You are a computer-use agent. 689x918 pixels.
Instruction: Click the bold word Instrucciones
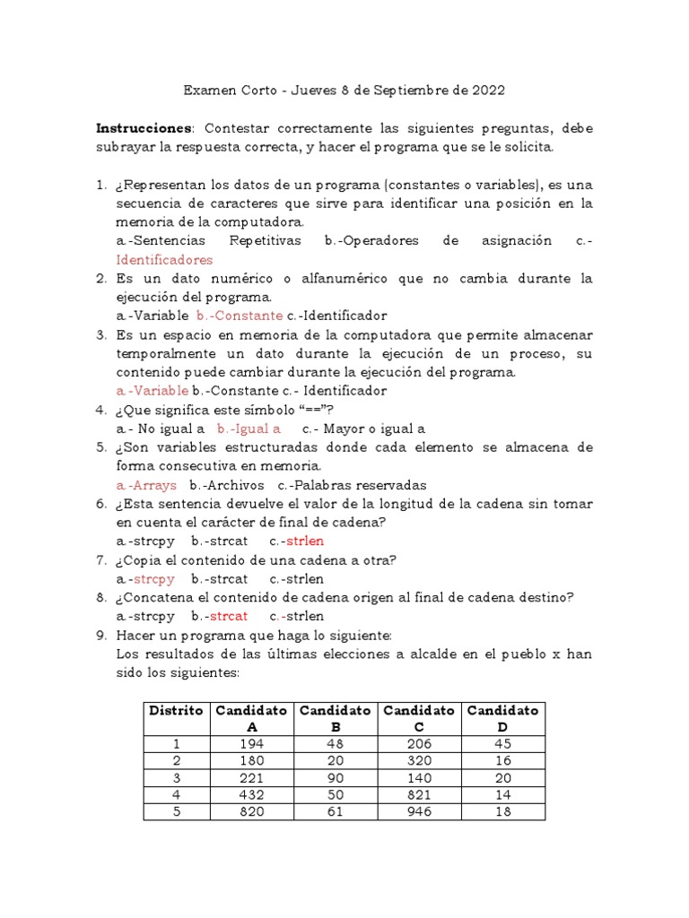click(143, 129)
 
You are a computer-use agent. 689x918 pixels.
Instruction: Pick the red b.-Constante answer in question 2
click(239, 316)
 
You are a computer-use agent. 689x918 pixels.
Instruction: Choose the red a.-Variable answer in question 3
click(153, 391)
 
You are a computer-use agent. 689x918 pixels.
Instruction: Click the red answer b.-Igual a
click(249, 429)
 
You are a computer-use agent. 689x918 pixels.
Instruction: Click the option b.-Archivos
click(220, 485)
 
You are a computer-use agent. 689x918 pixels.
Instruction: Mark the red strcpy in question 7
click(154, 578)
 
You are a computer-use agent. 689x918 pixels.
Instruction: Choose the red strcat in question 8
click(228, 616)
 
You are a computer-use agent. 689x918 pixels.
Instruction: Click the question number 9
click(101, 635)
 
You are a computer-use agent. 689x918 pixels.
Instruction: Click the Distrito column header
click(176, 710)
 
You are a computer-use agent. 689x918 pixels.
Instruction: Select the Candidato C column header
click(418, 718)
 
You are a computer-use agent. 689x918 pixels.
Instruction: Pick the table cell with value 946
click(418, 811)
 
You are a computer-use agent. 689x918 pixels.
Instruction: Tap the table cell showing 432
click(252, 793)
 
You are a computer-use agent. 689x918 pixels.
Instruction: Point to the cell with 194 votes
click(252, 743)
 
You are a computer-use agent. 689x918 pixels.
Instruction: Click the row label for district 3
click(176, 777)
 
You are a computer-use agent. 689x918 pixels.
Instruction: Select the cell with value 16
click(501, 760)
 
